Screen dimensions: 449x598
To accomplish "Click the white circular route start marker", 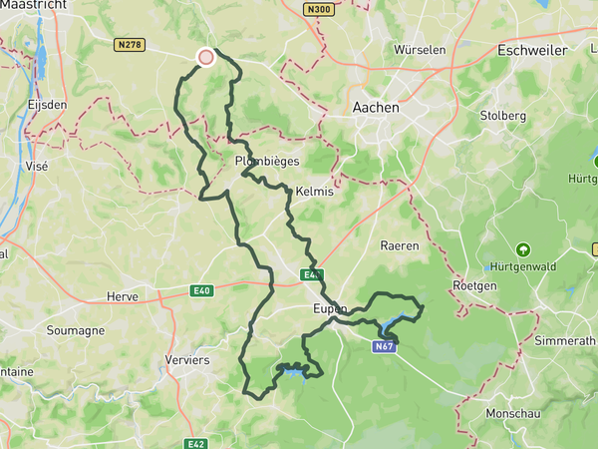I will pyautogui.click(x=206, y=57).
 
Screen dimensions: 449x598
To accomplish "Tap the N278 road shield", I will pyautogui.click(x=131, y=44).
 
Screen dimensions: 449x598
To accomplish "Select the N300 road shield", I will pyautogui.click(x=319, y=10).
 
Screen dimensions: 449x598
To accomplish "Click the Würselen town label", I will pyautogui.click(x=421, y=49).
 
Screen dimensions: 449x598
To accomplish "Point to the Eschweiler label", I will pyautogui.click(x=531, y=50).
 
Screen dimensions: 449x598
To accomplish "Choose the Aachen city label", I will pyautogui.click(x=376, y=107).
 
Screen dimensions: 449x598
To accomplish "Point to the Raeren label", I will pyautogui.click(x=400, y=244).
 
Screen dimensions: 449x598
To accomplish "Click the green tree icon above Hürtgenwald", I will pyautogui.click(x=522, y=249).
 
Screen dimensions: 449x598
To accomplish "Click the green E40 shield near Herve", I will pyautogui.click(x=203, y=291).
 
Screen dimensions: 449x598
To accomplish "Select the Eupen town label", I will pyautogui.click(x=328, y=309).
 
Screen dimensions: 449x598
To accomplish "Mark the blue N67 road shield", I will pyautogui.click(x=386, y=346).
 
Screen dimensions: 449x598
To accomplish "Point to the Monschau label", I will pyautogui.click(x=512, y=413).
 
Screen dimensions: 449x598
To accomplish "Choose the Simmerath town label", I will pyautogui.click(x=565, y=340).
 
